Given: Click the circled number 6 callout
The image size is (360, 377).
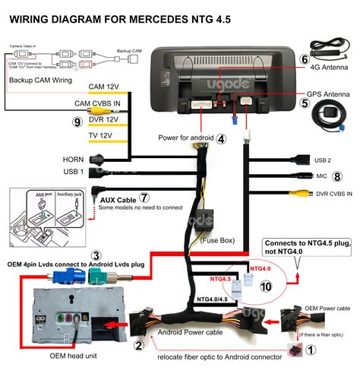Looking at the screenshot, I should pyautogui.click(x=304, y=59).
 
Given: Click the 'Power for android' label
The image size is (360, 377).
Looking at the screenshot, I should pyautogui.click(x=186, y=138).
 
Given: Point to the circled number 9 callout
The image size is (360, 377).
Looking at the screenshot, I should pyautogui.click(x=76, y=121).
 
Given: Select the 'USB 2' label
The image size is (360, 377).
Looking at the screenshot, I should pyautogui.click(x=324, y=160).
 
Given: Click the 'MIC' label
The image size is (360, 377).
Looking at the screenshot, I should pyautogui.click(x=322, y=176).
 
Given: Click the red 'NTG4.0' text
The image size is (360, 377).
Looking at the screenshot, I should pyautogui.click(x=260, y=268).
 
